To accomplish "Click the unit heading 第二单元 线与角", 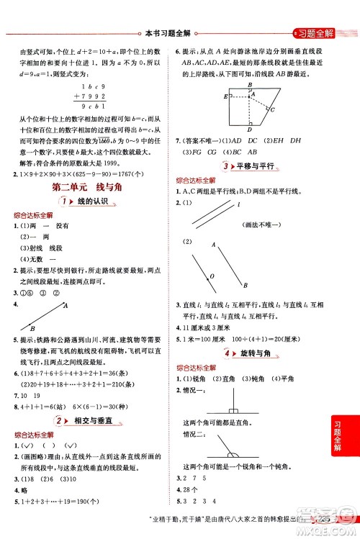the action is (86, 187).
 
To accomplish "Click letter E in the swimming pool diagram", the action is (225, 96).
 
